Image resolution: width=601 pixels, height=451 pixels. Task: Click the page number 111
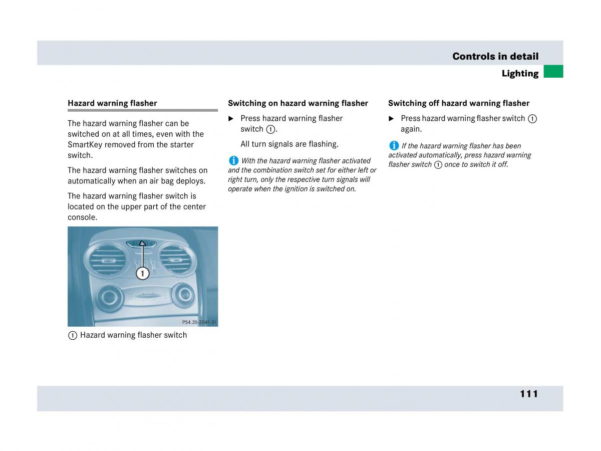528,394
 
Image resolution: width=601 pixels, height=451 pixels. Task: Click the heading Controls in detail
495,56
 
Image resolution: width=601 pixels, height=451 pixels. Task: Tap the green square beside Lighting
553,72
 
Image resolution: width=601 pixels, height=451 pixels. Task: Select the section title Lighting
520,74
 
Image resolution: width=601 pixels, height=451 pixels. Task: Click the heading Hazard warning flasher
112,103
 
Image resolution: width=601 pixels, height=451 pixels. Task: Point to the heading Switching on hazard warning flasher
298,103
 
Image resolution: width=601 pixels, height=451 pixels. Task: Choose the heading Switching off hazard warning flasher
458,103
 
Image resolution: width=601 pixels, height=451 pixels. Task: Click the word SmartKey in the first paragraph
85,145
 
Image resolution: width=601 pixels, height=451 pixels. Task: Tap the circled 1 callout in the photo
143,273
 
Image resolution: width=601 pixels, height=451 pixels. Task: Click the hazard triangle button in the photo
142,244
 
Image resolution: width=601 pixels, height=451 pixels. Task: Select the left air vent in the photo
106,260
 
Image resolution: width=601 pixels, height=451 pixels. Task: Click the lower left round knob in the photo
109,297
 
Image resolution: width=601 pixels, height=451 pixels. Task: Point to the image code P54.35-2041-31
199,323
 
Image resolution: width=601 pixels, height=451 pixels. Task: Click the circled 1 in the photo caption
72,336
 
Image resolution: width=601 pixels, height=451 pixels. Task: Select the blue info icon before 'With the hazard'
233,161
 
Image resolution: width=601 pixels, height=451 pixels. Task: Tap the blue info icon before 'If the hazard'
394,146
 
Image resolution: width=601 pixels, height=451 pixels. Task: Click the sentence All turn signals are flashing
289,144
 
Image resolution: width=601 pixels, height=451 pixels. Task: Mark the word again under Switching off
411,129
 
